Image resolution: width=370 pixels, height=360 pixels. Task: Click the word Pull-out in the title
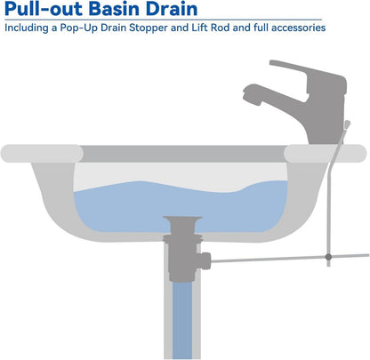pyautogui.click(x=44, y=9)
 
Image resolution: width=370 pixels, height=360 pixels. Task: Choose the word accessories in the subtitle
pyautogui.click(x=298, y=28)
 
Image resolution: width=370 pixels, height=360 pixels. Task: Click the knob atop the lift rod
pyautogui.click(x=347, y=124)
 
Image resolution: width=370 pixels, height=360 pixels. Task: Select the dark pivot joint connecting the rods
pyautogui.click(x=328, y=257)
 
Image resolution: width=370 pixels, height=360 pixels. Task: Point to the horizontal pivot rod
pyautogui.click(x=290, y=258)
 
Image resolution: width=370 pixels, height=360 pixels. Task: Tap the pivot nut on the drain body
pyautogui.click(x=205, y=260)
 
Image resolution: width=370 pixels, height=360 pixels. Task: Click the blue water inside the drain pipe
pyautogui.click(x=182, y=320)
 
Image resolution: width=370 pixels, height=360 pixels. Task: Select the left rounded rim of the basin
pyautogui.click(x=42, y=154)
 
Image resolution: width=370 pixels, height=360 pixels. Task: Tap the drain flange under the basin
pyautogui.click(x=182, y=237)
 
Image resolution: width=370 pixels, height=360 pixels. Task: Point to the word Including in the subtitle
pyautogui.click(x=27, y=28)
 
